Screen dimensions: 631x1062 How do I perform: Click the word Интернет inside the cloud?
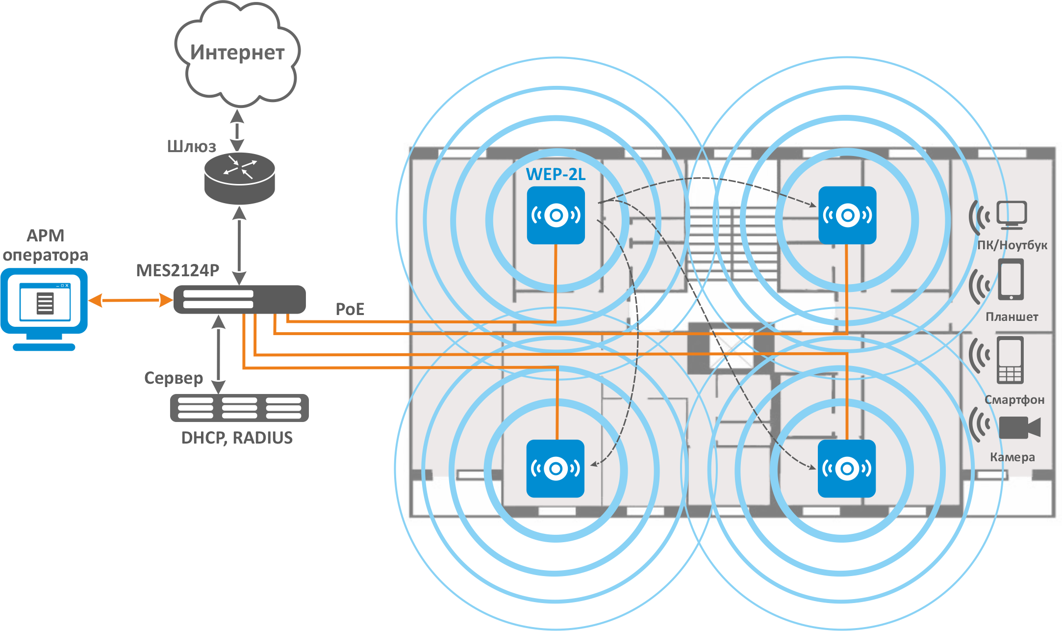237,52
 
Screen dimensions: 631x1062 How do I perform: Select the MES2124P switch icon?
239,299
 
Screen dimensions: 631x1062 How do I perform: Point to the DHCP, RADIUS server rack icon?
239,408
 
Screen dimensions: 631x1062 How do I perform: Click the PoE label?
350,309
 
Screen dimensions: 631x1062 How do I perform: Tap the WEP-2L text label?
556,174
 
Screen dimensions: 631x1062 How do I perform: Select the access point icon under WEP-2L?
556,215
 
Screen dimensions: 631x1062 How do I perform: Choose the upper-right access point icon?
847,215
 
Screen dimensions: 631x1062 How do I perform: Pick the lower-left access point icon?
555,469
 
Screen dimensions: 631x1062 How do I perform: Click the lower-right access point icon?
847,469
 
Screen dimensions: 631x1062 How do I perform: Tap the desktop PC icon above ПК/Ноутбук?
1011,215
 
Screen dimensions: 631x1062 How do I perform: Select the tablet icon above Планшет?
1011,280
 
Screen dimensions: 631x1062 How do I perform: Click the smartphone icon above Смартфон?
1010,360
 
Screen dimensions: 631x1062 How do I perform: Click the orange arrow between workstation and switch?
130,300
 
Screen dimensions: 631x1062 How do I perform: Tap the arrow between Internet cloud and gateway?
237,131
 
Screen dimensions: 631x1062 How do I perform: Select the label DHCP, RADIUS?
237,438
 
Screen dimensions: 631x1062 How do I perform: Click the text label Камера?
1012,457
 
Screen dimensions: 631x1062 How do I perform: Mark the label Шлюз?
191,146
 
